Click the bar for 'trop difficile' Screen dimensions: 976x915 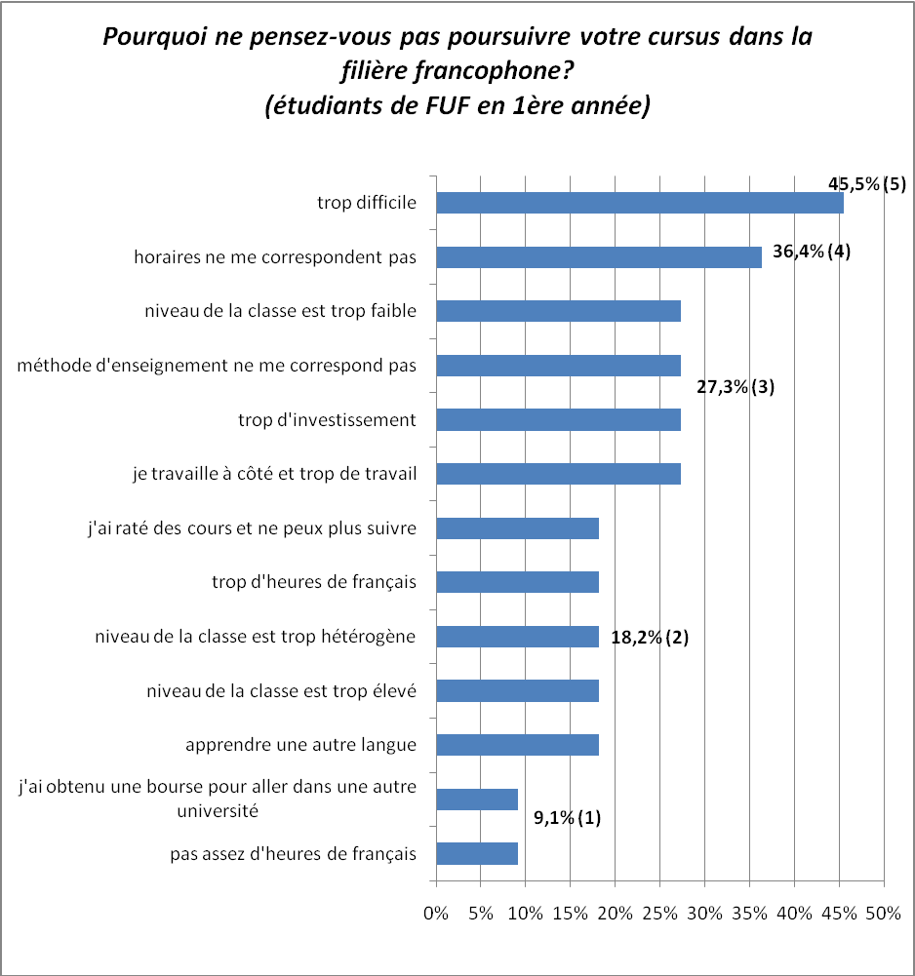point(639,203)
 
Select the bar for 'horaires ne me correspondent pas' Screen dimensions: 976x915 point(598,257)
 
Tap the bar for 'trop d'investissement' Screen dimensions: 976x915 point(558,420)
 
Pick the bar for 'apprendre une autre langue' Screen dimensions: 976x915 point(517,745)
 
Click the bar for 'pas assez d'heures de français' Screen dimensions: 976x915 point(476,854)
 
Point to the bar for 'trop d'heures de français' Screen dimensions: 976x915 point(517,582)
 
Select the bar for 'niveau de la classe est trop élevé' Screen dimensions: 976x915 point(517,690)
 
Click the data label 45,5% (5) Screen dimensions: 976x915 point(866,184)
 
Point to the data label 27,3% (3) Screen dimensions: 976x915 point(735,387)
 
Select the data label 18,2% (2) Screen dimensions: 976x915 point(650,639)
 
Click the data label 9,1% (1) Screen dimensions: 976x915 point(567,818)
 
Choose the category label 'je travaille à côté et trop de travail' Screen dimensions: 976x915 point(274,475)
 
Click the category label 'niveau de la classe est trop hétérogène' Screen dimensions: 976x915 point(256,637)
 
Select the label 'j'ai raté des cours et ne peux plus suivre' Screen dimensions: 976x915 point(252,528)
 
